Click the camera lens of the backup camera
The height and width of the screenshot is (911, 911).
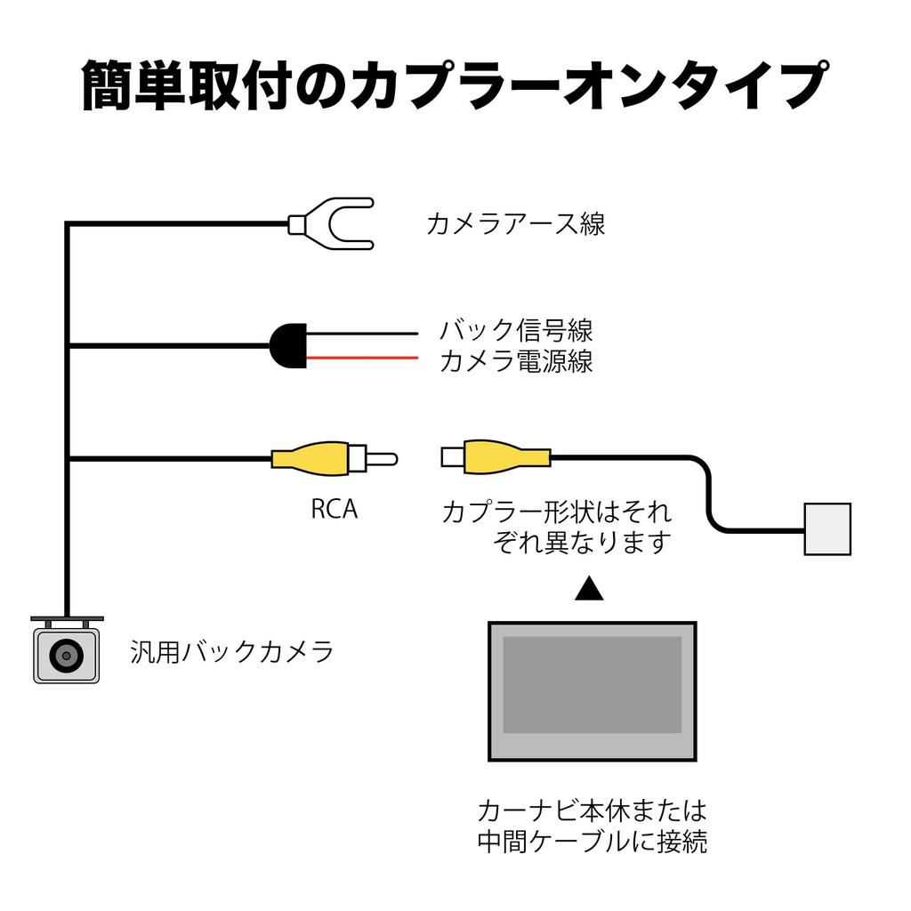[x=66, y=657]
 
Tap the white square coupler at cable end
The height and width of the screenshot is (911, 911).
[x=826, y=529]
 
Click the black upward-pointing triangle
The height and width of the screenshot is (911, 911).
[x=589, y=589]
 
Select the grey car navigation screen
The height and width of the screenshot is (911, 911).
[x=592, y=691]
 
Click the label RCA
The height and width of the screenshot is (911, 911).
[x=335, y=510]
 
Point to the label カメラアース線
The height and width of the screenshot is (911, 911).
[x=516, y=224]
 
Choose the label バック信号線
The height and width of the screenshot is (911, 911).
[x=516, y=332]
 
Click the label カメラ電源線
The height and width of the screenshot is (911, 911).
[x=516, y=362]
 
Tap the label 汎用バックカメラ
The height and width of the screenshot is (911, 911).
[x=232, y=652]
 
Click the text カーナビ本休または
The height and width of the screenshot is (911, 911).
[x=592, y=810]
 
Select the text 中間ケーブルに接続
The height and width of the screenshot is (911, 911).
[x=592, y=842]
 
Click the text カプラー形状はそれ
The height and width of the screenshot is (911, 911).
[x=557, y=512]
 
